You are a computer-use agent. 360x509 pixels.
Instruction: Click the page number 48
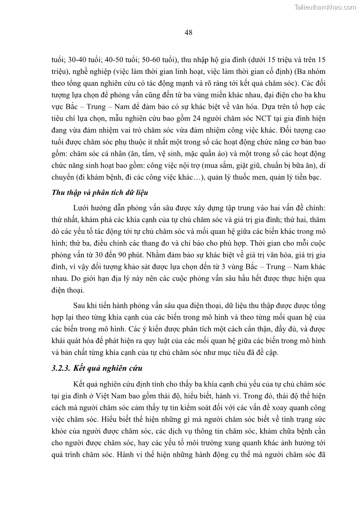189,32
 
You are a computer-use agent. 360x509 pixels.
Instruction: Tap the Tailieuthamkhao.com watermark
326,7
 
